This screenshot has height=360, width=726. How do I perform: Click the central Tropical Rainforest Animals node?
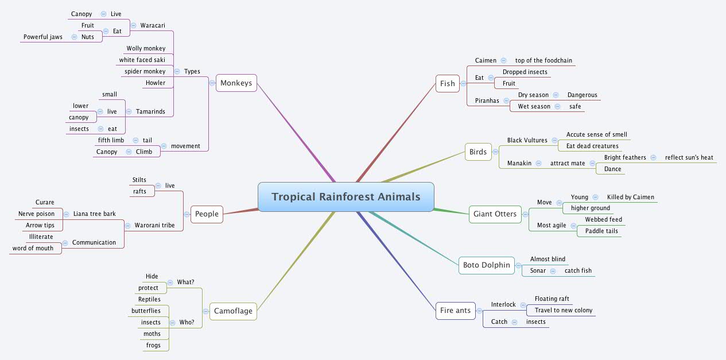(x=345, y=197)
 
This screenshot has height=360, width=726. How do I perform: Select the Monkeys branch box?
(x=236, y=83)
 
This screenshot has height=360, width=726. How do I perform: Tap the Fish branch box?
(x=447, y=83)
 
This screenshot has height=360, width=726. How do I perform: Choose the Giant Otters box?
(x=495, y=214)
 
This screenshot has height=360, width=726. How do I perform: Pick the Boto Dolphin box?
(x=486, y=265)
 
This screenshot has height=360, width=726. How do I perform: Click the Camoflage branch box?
(x=232, y=311)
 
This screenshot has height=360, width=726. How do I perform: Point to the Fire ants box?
(x=455, y=310)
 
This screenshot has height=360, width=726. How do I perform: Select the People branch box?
(x=207, y=214)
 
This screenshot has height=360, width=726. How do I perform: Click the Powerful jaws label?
(x=43, y=37)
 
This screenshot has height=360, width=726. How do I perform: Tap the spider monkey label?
(x=145, y=71)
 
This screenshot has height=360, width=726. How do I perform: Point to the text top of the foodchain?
(x=543, y=60)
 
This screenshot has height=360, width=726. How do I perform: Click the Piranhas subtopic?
(x=487, y=100)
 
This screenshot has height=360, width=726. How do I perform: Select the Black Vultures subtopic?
(x=527, y=140)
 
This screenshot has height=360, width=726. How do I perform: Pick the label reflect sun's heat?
(x=689, y=157)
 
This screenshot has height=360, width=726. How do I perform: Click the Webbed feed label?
(x=603, y=219)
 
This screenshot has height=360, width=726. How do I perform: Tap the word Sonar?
(x=538, y=270)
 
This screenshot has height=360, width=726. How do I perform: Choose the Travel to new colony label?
(x=563, y=310)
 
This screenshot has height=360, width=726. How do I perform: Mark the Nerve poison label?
(x=37, y=214)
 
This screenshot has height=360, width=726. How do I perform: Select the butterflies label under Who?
(x=146, y=311)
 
